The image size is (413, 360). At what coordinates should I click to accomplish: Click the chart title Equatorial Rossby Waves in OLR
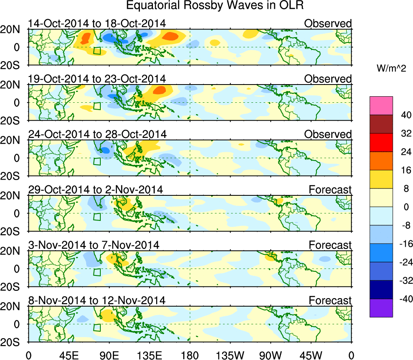pos(215,6)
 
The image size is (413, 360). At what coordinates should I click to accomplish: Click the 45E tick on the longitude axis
pos(68,355)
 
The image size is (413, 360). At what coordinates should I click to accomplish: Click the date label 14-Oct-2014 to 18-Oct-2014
pos(97,23)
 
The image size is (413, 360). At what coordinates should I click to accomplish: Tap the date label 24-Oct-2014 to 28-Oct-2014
pos(97,134)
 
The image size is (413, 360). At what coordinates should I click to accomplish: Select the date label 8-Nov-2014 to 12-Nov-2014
pos(97,301)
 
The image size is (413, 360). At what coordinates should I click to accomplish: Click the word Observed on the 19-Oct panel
pos(328,79)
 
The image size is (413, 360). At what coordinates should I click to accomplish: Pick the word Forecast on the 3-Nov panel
pos(330,245)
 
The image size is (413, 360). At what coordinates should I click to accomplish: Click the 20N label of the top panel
pos(13,29)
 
